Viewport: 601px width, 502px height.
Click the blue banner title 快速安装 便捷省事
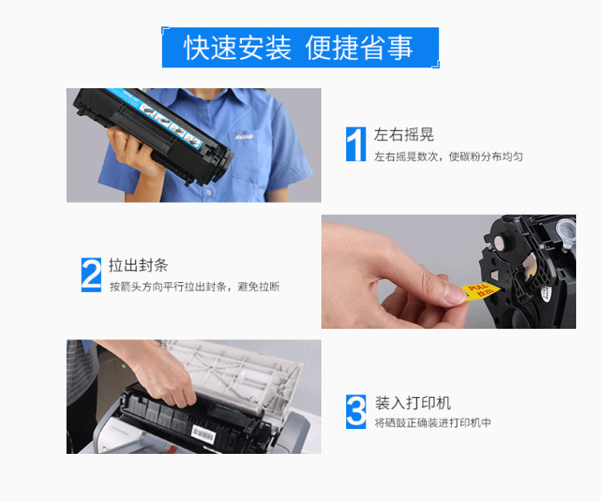click(299, 48)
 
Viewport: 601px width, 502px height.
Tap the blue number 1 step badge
click(356, 144)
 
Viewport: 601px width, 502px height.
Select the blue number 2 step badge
click(91, 274)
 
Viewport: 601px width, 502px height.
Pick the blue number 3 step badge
click(356, 411)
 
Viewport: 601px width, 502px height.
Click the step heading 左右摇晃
click(404, 135)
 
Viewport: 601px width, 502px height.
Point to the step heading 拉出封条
click(139, 265)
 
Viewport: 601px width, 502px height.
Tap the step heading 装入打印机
click(413, 403)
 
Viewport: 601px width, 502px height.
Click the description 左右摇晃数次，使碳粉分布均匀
click(449, 156)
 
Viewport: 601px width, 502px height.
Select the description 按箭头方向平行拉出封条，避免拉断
click(195, 287)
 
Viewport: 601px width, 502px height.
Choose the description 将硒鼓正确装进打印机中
click(433, 423)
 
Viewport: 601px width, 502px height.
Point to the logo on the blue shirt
click(244, 137)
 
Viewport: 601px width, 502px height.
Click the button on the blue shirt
click(208, 191)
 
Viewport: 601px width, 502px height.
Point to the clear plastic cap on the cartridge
click(566, 231)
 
